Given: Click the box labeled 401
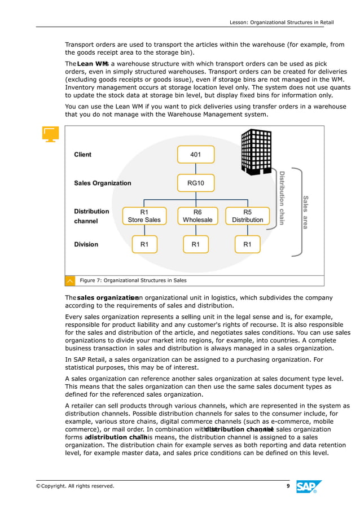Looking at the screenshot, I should [x=195, y=154].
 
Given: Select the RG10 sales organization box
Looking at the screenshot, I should [x=195, y=183].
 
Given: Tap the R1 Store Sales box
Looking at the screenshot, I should [x=144, y=216].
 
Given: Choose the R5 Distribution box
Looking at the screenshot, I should [x=247, y=216].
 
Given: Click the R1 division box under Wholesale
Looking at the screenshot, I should [x=195, y=244].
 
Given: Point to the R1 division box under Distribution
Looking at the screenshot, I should [x=247, y=244].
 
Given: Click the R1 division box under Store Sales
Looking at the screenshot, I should [x=144, y=244].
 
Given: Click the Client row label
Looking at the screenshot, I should [x=82, y=155].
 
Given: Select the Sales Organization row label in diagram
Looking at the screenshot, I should [x=102, y=183].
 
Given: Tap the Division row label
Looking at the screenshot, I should [x=86, y=244].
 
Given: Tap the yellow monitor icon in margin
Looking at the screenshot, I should [x=50, y=134].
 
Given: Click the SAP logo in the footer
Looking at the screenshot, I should [x=309, y=486].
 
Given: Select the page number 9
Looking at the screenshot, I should [x=288, y=486].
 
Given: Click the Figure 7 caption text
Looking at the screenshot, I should [x=133, y=280].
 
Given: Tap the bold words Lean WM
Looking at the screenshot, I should [x=92, y=64].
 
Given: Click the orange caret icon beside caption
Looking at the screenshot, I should [x=70, y=280].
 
